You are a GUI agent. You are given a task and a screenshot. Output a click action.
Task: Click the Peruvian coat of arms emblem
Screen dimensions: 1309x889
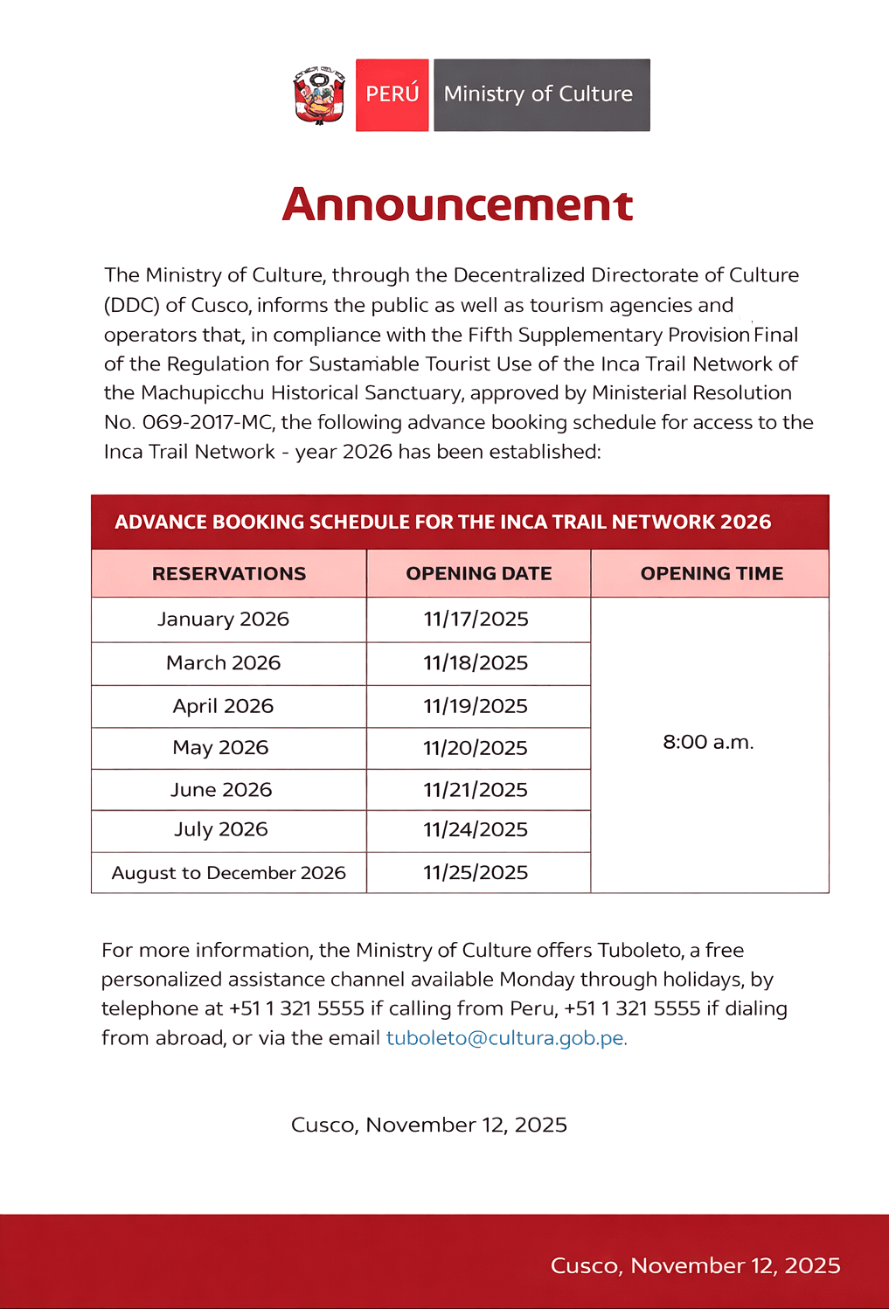[319, 94]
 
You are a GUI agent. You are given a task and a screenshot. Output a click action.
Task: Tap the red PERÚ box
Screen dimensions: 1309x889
[392, 94]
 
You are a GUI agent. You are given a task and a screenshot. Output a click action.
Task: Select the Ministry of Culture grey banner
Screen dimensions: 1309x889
[541, 94]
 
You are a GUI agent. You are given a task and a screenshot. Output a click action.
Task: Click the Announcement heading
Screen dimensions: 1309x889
[457, 204]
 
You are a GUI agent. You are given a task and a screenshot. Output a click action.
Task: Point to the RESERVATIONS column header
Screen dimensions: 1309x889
[229, 573]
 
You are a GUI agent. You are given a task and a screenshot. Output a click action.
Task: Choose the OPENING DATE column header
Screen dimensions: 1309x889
[478, 573]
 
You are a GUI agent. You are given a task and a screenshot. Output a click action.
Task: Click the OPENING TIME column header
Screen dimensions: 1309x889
[711, 573]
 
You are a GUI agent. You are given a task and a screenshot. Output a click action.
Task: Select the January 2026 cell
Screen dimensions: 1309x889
[223, 619]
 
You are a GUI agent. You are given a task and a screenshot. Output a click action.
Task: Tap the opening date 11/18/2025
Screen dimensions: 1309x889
[476, 662]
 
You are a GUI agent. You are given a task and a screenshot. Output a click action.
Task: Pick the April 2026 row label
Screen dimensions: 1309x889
[223, 705]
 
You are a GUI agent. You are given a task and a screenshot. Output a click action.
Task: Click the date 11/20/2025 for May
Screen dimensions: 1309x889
[476, 748]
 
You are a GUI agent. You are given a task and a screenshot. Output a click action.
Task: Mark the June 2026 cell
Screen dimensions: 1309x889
[221, 789]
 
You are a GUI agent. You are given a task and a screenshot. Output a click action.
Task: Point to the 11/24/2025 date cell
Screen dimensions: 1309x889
[476, 829]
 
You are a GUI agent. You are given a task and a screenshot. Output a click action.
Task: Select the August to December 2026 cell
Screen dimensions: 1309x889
[228, 872]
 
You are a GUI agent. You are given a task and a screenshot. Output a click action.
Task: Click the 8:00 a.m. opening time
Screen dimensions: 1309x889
[708, 742]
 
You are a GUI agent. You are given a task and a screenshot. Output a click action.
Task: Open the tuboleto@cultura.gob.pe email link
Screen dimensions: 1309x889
[506, 1037]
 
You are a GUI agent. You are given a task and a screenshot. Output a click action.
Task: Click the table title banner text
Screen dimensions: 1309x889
[442, 522]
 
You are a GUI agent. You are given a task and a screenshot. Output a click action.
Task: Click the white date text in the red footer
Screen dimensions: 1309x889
[695, 1265]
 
